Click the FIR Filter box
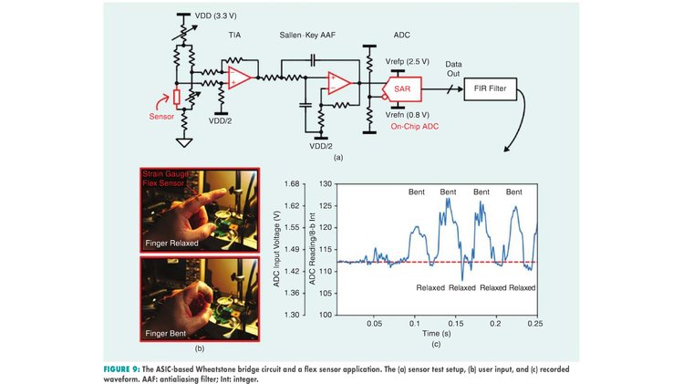point(490,88)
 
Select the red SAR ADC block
point(401,88)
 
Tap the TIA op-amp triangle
point(239,78)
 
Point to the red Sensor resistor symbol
point(176,98)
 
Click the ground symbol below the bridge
point(184,142)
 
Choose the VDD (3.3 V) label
point(215,16)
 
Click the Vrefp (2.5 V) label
point(408,61)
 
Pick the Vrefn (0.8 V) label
point(408,115)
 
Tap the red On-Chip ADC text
point(415,127)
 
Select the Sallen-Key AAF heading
point(307,35)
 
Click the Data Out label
point(453,69)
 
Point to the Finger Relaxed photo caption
point(171,244)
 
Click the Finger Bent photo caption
point(166,334)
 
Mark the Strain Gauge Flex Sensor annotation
point(166,178)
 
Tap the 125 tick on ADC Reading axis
point(326,206)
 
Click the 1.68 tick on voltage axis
point(292,184)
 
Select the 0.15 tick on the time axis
point(456,324)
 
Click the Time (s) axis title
point(437,334)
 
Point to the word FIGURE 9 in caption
point(121,369)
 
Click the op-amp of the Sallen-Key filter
point(339,83)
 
